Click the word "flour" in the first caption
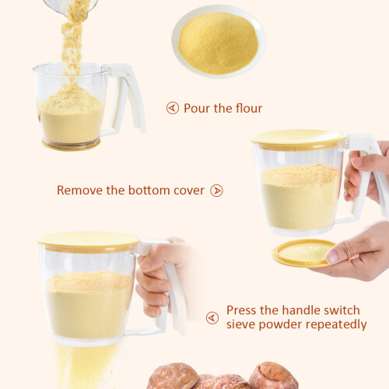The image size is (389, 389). pos(249,108)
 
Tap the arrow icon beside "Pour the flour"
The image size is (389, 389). pos(173,108)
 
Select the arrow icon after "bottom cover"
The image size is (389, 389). pos(216,191)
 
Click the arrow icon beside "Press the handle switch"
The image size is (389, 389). pos(212,317)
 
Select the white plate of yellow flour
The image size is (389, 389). pos(219,41)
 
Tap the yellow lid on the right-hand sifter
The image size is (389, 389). pos(298,139)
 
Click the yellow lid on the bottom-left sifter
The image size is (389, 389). pos(89,242)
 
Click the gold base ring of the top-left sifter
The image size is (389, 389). pos(71,145)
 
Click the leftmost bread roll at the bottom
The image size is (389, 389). pos(173,376)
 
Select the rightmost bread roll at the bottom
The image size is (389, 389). pos(273,376)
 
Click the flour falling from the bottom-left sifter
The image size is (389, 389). pos(84,366)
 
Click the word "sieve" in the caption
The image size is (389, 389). pos(241,324)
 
